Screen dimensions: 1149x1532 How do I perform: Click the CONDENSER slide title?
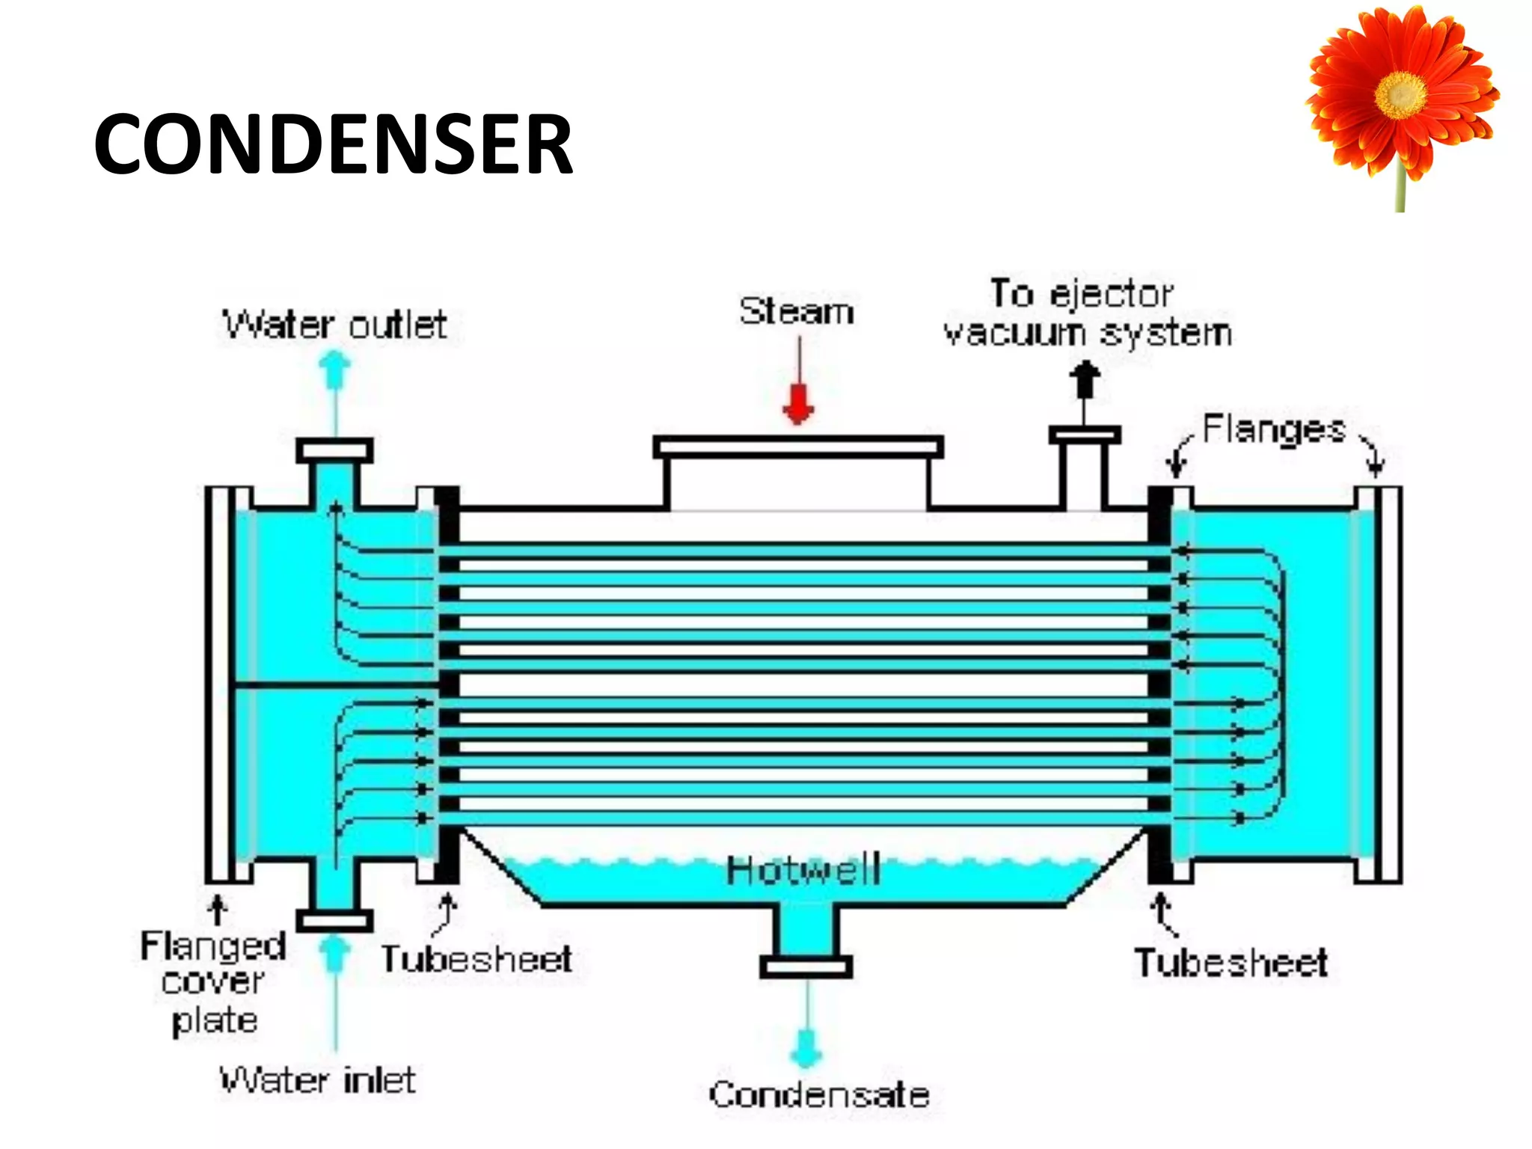tap(333, 144)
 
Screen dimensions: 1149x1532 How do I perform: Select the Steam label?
tap(797, 311)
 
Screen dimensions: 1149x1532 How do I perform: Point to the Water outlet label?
tap(334, 325)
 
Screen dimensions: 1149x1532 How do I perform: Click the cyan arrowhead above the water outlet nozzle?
tap(334, 368)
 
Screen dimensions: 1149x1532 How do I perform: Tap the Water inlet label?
tap(317, 1080)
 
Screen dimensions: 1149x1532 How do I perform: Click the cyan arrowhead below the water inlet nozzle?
tap(334, 952)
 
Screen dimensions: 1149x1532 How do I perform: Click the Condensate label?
tap(819, 1095)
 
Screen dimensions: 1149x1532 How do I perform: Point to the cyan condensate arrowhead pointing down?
tap(806, 1051)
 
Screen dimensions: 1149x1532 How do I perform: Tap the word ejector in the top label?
tap(1112, 294)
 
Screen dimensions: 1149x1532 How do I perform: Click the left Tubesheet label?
tap(477, 960)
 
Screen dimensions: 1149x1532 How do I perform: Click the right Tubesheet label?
tap(1231, 963)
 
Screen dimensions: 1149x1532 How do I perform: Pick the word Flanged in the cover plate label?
tap(213, 946)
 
